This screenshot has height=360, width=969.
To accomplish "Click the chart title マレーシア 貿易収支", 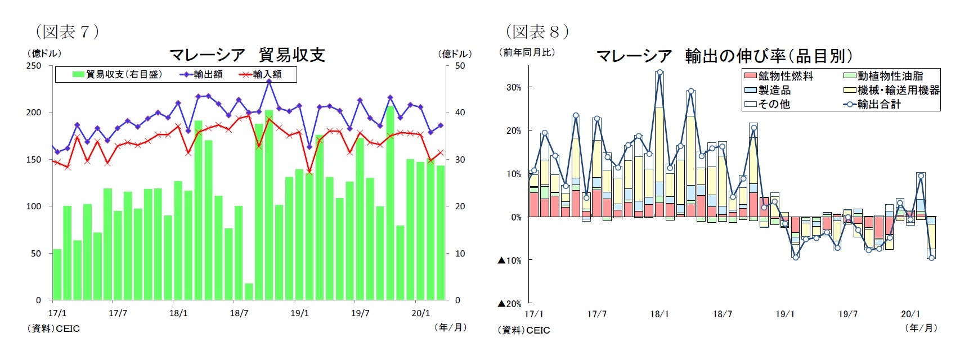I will pos(247,55).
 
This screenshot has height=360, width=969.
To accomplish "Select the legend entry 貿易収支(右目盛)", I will pos(118,74).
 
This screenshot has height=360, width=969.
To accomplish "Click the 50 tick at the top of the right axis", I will pos(460,66).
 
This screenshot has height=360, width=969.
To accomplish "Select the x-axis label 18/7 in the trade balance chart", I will pos(239,313).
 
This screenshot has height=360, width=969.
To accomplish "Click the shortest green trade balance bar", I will pos(249,291).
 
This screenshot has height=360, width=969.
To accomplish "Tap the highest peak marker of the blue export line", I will pos(269,81).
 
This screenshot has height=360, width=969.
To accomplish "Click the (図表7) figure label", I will pos(67,31).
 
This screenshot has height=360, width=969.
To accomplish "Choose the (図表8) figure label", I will pos(537,31).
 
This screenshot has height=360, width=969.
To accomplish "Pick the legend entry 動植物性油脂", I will pos(883,76).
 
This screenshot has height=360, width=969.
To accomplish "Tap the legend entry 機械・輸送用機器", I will pos(891,90).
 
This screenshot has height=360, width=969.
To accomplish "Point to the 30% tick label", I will pos(514,87).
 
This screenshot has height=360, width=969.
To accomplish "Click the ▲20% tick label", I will pos(510,304).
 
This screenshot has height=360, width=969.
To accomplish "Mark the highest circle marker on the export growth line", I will pos(660,73).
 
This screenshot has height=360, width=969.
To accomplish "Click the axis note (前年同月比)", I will pos(527,52).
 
